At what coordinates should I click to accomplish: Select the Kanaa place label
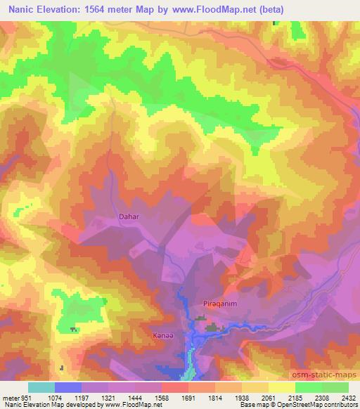[162, 337]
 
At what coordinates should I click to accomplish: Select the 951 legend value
[20, 397]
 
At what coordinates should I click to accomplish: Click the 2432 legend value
[348, 397]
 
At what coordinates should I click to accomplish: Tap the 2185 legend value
[295, 397]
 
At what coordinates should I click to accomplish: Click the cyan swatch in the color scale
[41, 387]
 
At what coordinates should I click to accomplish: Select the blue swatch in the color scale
[67, 387]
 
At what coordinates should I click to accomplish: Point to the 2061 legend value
[268, 397]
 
